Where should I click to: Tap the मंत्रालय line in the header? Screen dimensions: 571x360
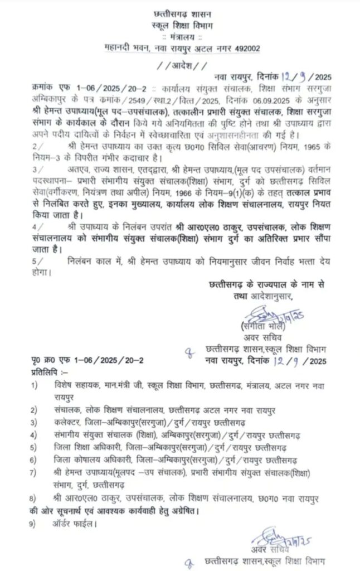coord(181,37)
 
